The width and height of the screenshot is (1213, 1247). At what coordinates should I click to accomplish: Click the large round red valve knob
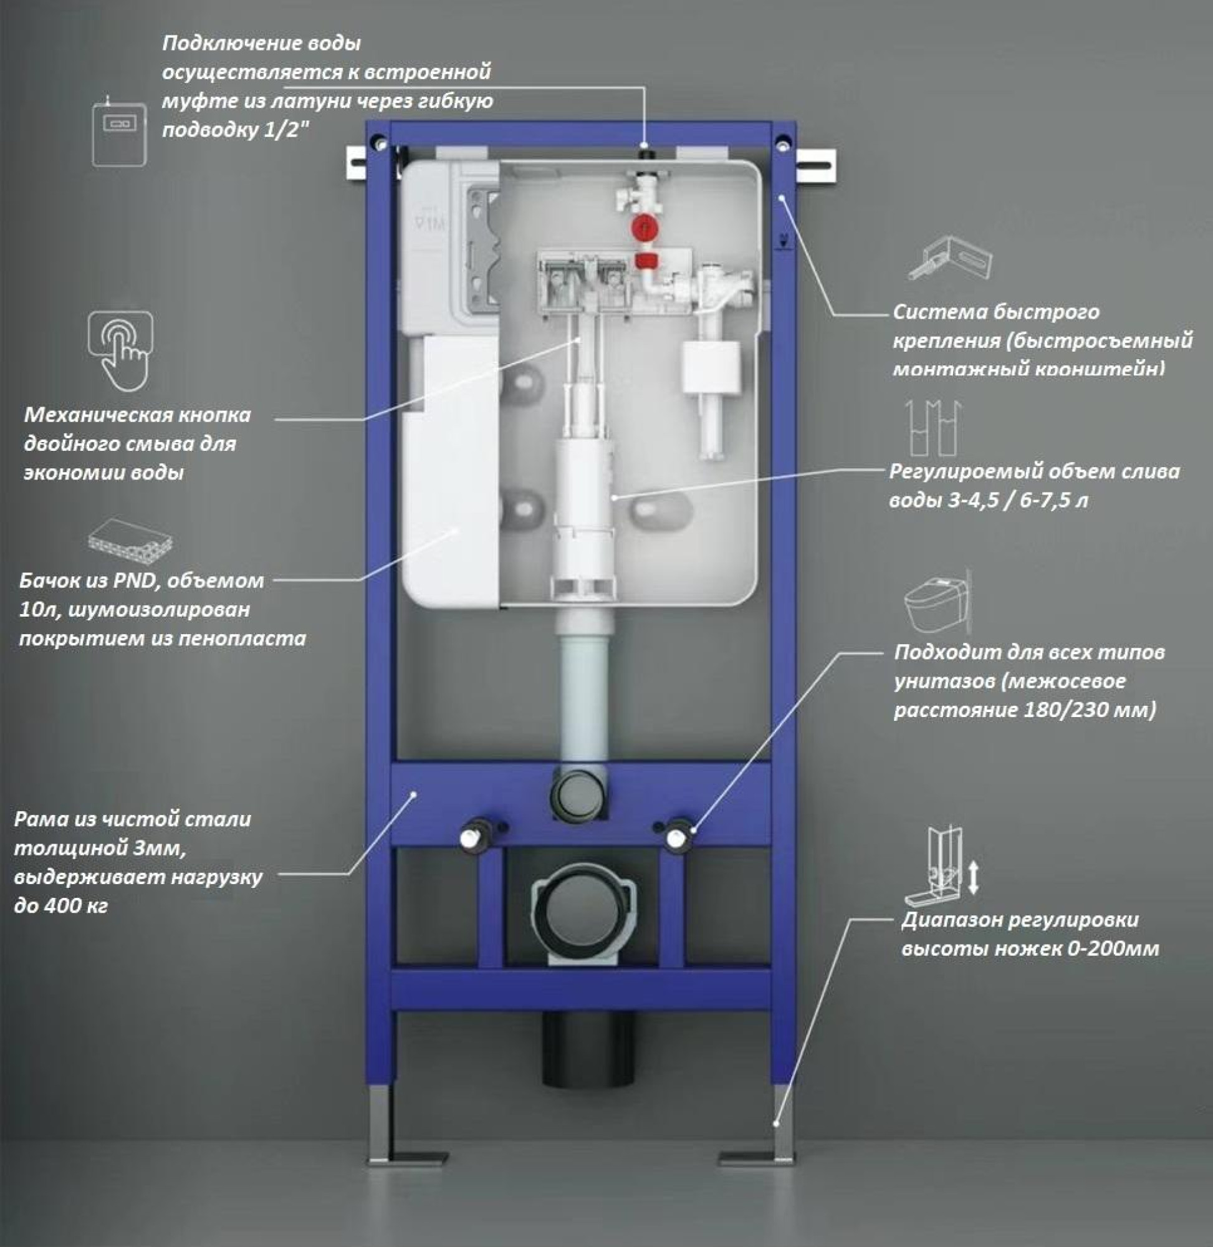tap(645, 228)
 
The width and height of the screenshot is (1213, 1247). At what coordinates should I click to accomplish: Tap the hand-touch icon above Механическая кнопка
tap(120, 349)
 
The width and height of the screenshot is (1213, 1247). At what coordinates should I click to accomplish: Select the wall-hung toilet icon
tap(936, 602)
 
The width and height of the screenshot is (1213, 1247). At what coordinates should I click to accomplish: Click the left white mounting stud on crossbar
tap(472, 835)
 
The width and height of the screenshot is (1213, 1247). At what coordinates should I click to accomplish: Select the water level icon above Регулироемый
tap(934, 428)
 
